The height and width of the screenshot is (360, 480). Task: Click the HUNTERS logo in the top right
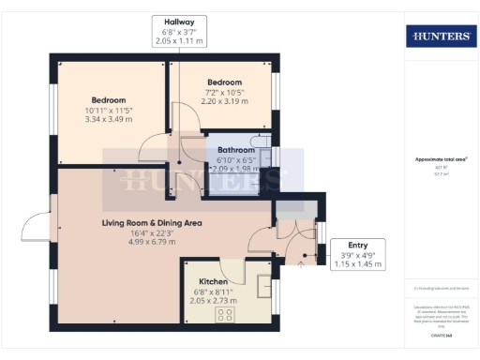click(441, 36)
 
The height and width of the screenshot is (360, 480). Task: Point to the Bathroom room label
click(236, 150)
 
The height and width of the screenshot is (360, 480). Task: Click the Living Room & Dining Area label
click(152, 223)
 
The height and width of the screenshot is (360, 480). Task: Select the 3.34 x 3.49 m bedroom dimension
click(109, 120)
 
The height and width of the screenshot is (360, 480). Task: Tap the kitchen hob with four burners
click(225, 315)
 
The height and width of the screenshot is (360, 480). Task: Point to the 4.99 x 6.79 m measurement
click(152, 244)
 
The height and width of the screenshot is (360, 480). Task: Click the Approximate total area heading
click(441, 159)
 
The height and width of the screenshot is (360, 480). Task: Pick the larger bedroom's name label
click(109, 100)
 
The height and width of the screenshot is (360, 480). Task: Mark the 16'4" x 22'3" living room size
click(152, 233)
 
